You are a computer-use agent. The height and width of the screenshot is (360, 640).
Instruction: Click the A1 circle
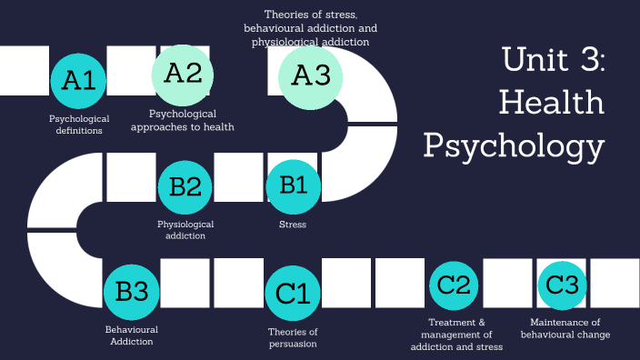pyautogui.click(x=79, y=80)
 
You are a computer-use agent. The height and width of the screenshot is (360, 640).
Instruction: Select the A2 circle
pyautogui.click(x=183, y=74)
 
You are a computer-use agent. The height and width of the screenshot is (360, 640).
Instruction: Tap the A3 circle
pyautogui.click(x=311, y=75)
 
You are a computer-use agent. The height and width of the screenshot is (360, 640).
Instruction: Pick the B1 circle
pyautogui.click(x=293, y=185)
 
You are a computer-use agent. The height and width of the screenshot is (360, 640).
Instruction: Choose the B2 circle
pyautogui.click(x=185, y=186)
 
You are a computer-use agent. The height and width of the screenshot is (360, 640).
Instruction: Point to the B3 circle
pyautogui.click(x=132, y=291)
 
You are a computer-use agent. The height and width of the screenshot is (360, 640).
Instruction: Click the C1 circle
pyautogui.click(x=293, y=294)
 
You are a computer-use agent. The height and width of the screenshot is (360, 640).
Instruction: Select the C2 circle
pyautogui.click(x=455, y=285)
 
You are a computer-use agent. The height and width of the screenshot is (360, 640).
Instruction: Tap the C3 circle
pyautogui.click(x=564, y=285)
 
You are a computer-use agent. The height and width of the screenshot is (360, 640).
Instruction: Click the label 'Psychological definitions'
pyautogui.click(x=79, y=125)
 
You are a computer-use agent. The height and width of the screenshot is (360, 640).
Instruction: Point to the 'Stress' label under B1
pyautogui.click(x=293, y=224)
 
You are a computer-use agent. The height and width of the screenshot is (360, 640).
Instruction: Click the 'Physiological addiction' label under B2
pyautogui.click(x=185, y=229)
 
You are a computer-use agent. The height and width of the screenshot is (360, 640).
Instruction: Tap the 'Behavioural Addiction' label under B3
pyautogui.click(x=132, y=335)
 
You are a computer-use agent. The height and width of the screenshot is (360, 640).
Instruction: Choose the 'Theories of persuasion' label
pyautogui.click(x=293, y=337)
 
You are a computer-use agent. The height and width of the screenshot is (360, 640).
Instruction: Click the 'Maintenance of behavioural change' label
pyautogui.click(x=565, y=328)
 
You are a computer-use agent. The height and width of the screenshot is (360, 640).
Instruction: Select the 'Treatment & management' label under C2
pyautogui.click(x=455, y=335)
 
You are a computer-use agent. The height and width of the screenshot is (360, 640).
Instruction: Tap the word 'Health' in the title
pyautogui.click(x=552, y=102)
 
